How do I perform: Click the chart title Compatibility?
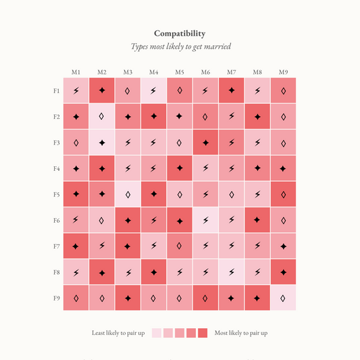180,33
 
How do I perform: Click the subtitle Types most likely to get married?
180,47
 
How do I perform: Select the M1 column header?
76,72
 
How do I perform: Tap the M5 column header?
180,72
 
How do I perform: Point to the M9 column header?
283,72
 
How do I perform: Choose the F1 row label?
56,91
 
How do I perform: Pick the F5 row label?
56,194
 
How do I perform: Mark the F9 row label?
56,297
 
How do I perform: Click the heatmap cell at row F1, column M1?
76,91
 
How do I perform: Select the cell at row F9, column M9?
283,297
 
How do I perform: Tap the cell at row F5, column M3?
128,194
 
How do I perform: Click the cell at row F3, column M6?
205,143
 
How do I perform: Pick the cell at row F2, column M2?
102,116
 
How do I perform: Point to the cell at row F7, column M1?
76,246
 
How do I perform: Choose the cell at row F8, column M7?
231,272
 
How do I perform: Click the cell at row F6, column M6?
205,220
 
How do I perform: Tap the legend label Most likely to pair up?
241,333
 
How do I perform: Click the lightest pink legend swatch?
157,333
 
